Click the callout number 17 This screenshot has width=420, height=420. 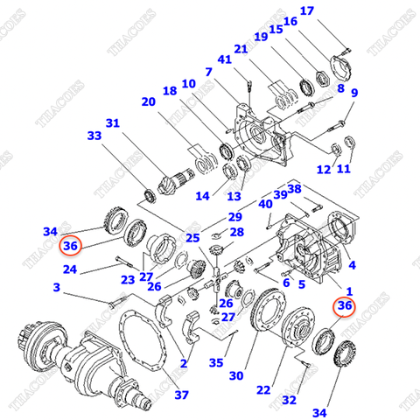pyautogui.click(x=306, y=10)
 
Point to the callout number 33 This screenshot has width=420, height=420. pyautogui.click(x=94, y=136)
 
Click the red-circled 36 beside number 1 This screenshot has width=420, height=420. pyautogui.click(x=344, y=305)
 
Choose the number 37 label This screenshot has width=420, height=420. pyautogui.click(x=181, y=395)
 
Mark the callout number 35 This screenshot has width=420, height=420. pyautogui.click(x=215, y=362)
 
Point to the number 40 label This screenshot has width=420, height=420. pyautogui.click(x=264, y=204)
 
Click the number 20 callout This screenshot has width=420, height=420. pyautogui.click(x=148, y=101)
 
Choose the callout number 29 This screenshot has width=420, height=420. pyautogui.click(x=234, y=216)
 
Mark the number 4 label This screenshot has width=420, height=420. pyautogui.click(x=351, y=264)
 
